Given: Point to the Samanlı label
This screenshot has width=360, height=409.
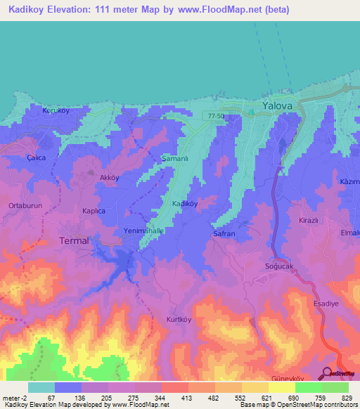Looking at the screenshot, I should pos(176,158).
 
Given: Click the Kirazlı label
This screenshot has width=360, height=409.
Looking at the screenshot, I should pos(310,220).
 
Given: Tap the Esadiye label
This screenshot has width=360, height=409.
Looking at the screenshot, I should pos(326,304).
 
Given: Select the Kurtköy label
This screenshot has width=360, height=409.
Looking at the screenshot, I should pos(179,320).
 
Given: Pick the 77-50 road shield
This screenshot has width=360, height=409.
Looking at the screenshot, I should pos(216,115).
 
